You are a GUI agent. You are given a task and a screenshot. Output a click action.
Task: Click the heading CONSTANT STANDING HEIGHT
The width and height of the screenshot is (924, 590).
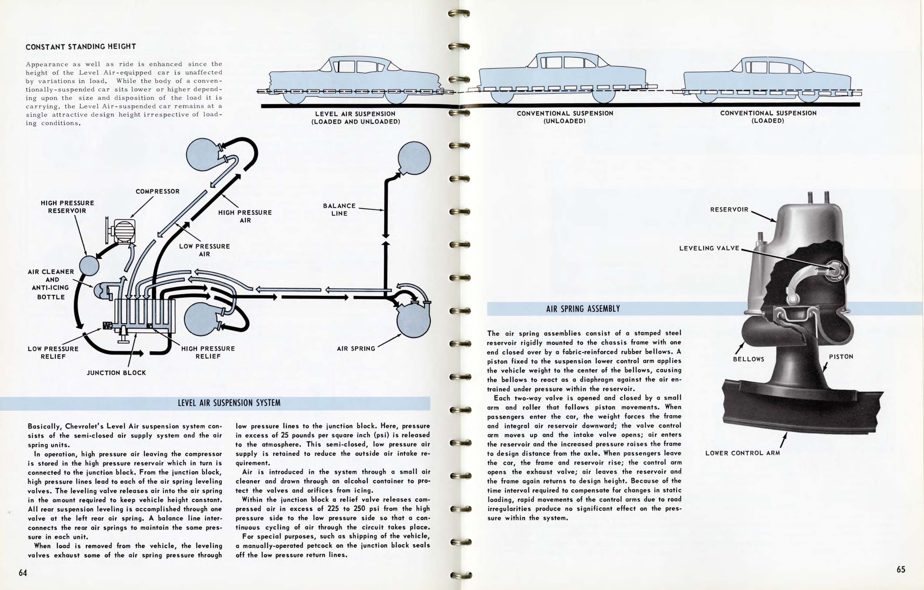[x=81, y=47]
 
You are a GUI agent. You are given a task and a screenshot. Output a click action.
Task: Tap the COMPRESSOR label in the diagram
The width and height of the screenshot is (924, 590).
[x=157, y=191]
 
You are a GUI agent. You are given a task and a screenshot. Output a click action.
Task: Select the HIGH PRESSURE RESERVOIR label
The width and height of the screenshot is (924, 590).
[x=67, y=207]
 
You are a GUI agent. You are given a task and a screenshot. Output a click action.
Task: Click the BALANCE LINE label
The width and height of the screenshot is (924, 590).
[x=339, y=210]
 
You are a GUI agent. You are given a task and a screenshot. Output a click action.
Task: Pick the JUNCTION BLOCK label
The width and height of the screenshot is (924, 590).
[x=116, y=373]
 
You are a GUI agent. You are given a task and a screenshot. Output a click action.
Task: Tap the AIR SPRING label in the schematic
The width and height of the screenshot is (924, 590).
[x=356, y=348]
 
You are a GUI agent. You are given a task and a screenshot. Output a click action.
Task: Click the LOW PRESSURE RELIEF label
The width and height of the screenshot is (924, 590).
[x=53, y=353]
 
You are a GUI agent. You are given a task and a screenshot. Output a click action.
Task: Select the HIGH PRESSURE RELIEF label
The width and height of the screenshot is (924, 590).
[x=208, y=352]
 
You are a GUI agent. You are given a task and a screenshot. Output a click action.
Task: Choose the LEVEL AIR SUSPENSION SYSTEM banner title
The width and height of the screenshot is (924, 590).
[x=229, y=403]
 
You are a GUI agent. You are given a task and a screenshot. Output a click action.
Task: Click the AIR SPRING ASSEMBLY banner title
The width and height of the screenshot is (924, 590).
[x=583, y=309]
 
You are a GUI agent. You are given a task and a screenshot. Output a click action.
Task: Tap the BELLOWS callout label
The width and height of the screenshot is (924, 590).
[x=748, y=359]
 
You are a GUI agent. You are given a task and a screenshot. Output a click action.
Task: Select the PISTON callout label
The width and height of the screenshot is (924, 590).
[x=841, y=357]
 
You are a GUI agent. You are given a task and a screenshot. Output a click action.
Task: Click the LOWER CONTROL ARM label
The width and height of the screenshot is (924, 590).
[x=743, y=453]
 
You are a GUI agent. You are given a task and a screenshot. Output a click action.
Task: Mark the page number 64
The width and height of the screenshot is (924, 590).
[x=23, y=573]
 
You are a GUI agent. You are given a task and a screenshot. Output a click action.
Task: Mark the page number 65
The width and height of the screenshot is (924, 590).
[x=901, y=570]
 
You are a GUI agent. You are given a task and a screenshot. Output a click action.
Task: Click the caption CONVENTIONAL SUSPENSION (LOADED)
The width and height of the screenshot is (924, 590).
[x=768, y=117]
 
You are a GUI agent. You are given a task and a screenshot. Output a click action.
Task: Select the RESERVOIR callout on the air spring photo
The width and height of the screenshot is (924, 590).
[x=729, y=210]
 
